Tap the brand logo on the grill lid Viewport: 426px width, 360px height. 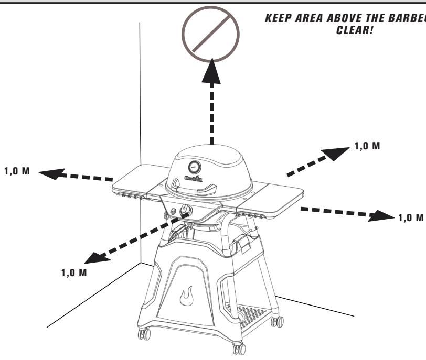click(195, 181)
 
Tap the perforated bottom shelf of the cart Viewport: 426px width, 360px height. click(251, 317)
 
